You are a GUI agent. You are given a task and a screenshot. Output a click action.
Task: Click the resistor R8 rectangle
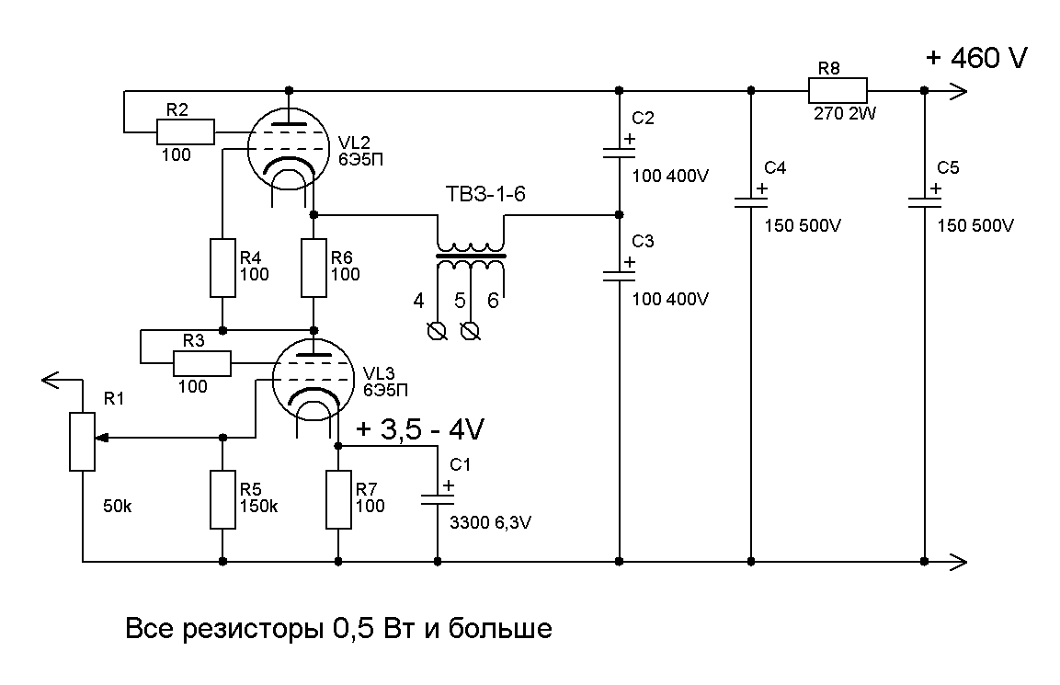[838, 90]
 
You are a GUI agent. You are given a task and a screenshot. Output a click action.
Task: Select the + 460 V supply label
[976, 58]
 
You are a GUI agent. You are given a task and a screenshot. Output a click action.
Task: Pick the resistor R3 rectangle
[202, 363]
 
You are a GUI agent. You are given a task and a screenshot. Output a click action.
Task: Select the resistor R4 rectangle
[223, 268]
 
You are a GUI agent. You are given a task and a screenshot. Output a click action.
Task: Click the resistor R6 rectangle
[314, 268]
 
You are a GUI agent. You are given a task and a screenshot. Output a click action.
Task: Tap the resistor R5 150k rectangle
[223, 499]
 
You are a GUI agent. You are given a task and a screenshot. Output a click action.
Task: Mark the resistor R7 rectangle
[339, 499]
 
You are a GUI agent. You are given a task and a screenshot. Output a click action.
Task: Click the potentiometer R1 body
[83, 440]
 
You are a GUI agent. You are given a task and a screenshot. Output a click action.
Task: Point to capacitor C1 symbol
[437, 497]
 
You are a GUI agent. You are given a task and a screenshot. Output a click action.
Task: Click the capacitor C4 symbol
[752, 200]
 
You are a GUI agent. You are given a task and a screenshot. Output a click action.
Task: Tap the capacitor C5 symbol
[924, 200]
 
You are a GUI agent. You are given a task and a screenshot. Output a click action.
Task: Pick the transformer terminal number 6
[493, 301]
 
